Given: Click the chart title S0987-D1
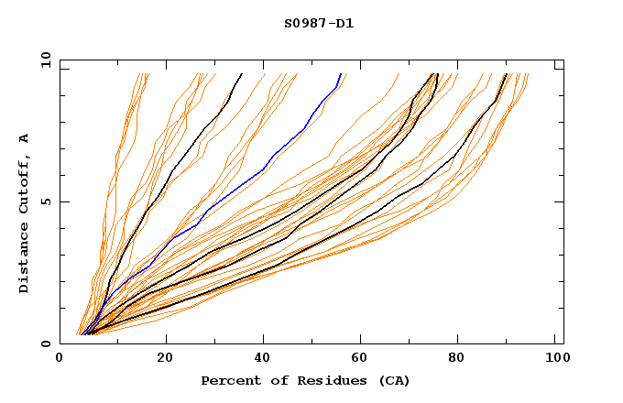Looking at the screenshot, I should click(x=319, y=23).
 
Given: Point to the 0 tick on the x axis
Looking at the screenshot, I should click(x=60, y=358).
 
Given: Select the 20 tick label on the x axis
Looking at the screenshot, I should click(x=166, y=358).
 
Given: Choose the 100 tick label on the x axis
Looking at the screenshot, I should click(x=556, y=358).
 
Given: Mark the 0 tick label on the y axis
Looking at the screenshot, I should click(x=46, y=343).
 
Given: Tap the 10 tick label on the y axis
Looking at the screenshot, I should click(x=43, y=60).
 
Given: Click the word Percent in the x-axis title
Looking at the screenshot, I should click(x=227, y=380).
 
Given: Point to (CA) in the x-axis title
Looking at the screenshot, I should click(x=392, y=380).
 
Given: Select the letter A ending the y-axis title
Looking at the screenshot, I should click(x=25, y=137).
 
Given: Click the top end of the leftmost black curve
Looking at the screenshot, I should click(x=242, y=74).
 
